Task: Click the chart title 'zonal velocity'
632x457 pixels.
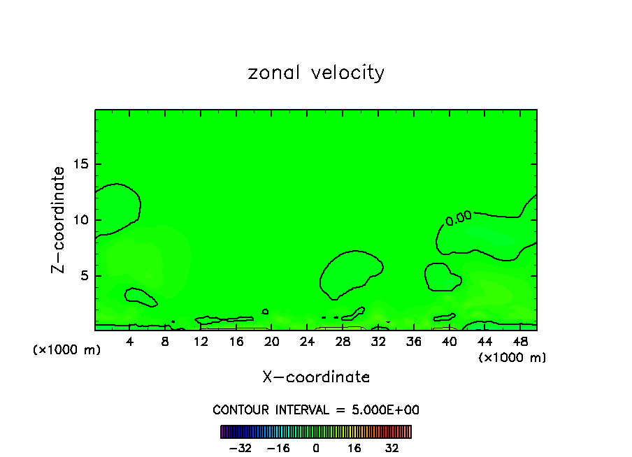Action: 316,73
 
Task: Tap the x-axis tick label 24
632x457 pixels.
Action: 307,342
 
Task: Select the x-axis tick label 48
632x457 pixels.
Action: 519,342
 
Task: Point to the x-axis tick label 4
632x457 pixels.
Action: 130,342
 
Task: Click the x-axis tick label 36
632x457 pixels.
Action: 413,342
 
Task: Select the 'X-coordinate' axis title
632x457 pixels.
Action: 316,377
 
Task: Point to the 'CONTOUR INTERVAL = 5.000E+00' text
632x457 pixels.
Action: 316,409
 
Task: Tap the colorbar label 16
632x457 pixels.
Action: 354,448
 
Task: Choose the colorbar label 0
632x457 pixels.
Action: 316,448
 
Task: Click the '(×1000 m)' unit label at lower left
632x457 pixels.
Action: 67,350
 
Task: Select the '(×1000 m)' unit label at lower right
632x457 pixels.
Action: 512,358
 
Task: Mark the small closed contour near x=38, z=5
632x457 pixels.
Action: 442,277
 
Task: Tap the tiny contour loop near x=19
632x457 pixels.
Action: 265,311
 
